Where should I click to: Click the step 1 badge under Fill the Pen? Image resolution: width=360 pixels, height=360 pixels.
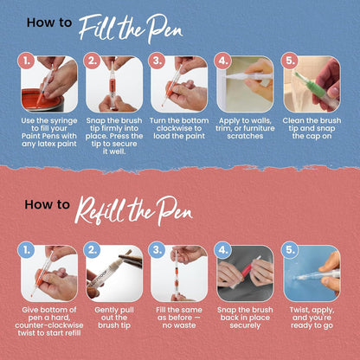click(x=27, y=61)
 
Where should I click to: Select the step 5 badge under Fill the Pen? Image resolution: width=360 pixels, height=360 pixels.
click(x=290, y=61)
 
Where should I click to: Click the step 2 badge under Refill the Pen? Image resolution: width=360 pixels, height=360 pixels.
click(x=93, y=251)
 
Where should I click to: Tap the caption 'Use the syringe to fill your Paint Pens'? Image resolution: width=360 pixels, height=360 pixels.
click(x=49, y=134)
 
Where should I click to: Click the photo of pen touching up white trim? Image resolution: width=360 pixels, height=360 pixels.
click(x=246, y=84)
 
